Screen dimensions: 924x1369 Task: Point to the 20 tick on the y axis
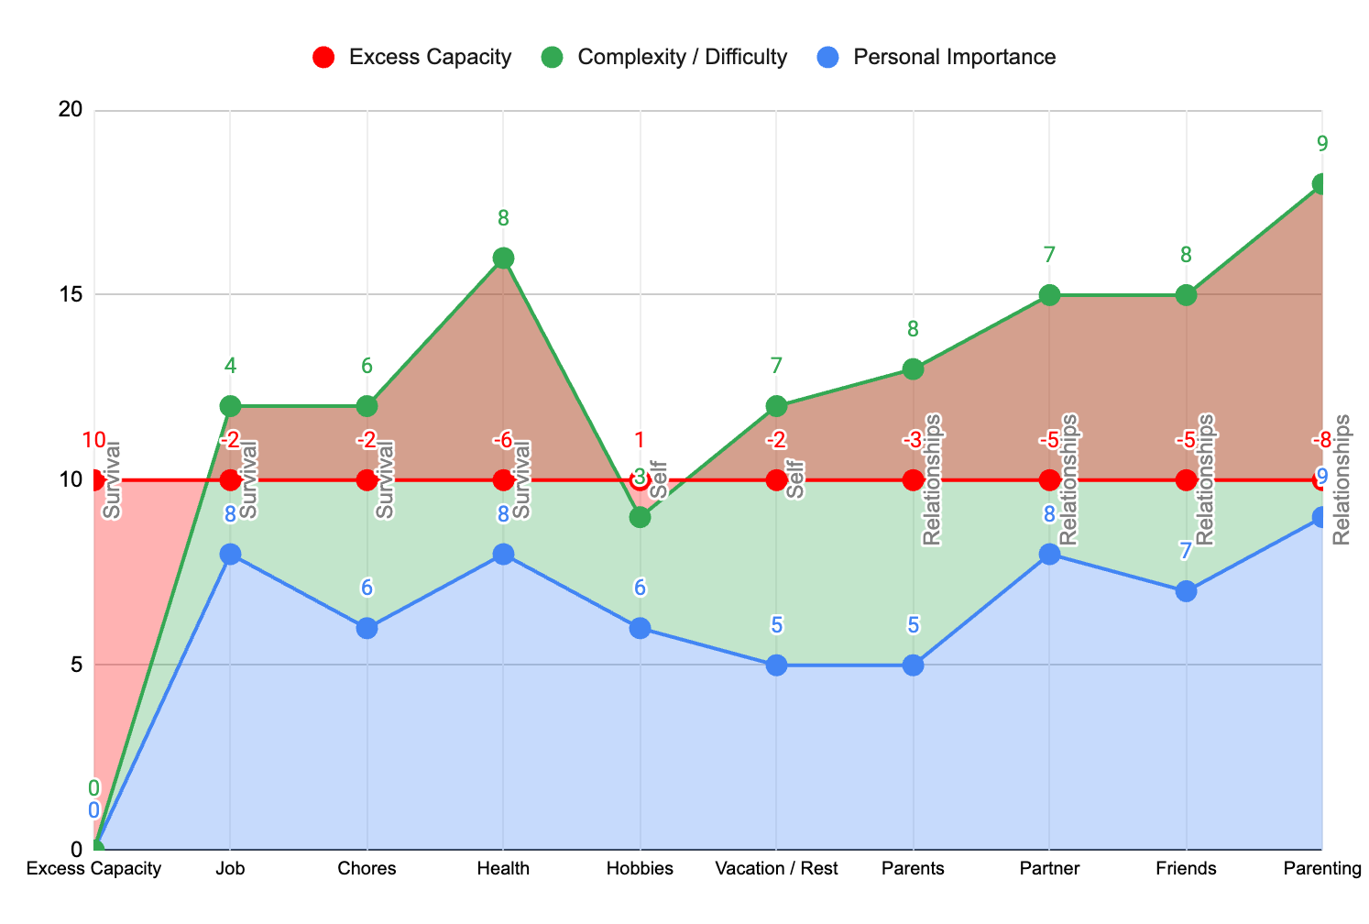point(71,110)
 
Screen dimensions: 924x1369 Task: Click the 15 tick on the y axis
point(71,295)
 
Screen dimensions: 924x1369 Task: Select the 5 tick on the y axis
point(76,665)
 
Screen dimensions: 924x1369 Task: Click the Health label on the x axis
point(503,869)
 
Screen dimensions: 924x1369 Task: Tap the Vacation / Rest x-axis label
point(777,869)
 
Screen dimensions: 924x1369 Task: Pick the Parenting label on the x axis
point(1321,869)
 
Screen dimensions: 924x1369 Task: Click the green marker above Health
point(503,258)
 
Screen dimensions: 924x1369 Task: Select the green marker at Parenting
point(1321,184)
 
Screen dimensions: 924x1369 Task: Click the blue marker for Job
point(230,554)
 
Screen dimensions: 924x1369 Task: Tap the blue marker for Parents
point(913,665)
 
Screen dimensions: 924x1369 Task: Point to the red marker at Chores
point(367,479)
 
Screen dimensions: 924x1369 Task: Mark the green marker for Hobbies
point(640,517)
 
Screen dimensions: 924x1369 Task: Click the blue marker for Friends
point(1186,591)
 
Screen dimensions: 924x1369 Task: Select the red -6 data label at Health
point(503,441)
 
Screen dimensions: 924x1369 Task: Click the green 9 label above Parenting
point(1321,144)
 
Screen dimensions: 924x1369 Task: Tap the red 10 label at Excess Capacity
point(93,441)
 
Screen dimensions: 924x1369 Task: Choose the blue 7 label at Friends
point(1186,552)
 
